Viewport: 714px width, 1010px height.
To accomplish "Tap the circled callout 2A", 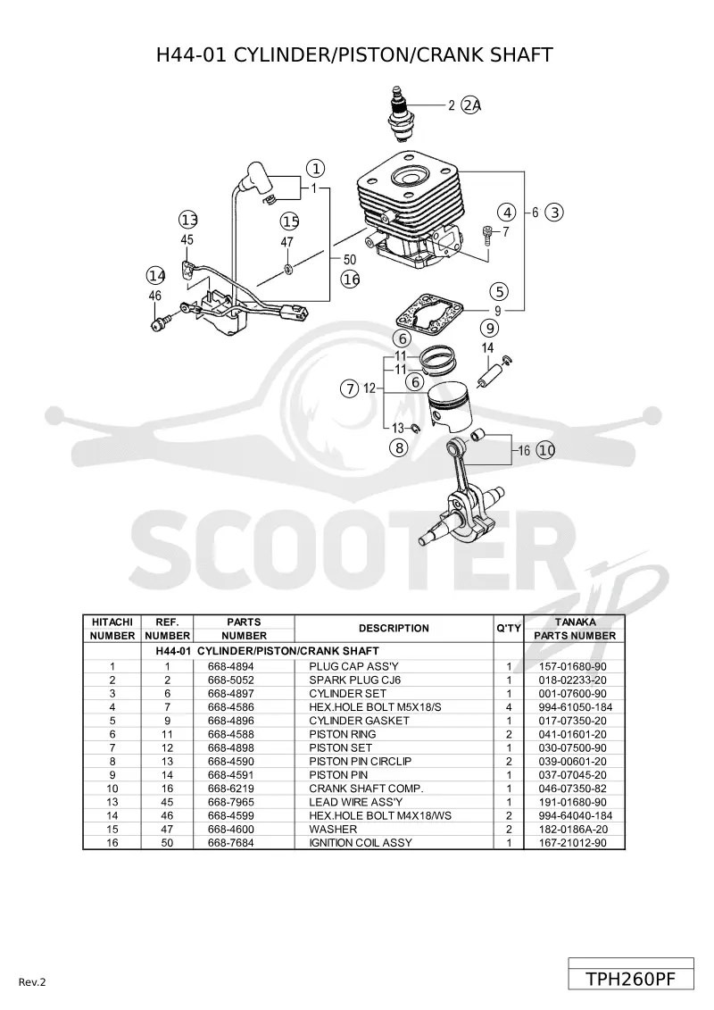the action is [472, 105].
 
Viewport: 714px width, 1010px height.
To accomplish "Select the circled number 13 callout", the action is [188, 220].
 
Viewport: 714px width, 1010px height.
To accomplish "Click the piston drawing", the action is [451, 408].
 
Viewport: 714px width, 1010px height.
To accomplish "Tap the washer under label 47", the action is [287, 267].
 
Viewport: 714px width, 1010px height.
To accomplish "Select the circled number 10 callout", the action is [546, 450].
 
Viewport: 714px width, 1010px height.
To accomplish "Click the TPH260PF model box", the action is [631, 979].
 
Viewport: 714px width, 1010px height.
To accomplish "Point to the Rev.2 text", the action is [32, 982].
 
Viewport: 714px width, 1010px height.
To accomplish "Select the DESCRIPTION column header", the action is [394, 628].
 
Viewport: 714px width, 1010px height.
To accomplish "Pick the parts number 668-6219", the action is [230, 789].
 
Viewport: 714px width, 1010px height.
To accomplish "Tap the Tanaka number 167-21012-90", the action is [572, 842].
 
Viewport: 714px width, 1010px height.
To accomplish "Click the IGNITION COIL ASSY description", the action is [361, 842].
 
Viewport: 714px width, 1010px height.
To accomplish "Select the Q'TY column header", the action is [509, 628].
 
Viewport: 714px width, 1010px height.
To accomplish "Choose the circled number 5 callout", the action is [499, 291].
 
